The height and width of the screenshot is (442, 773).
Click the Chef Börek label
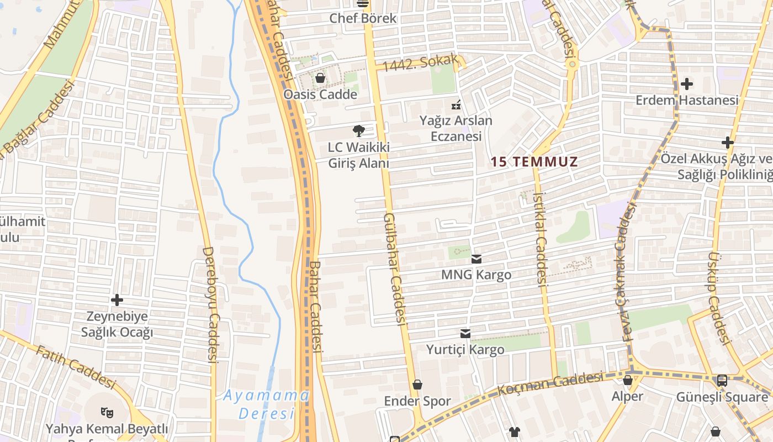[x=363, y=18]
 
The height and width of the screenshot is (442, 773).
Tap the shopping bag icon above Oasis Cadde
[x=320, y=78]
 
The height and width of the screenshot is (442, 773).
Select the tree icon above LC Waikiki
[x=359, y=131]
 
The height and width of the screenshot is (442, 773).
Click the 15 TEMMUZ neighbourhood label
[x=534, y=162]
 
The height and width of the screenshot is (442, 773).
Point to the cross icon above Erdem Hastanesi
[x=687, y=84]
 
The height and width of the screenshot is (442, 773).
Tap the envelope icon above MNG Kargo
[x=476, y=259]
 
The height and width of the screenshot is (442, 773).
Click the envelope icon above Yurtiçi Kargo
[x=465, y=333]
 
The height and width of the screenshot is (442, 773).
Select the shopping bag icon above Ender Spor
[x=417, y=385]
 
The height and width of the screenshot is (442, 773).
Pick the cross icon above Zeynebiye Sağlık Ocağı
[x=117, y=300]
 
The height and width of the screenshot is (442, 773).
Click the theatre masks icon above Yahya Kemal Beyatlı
[x=107, y=412]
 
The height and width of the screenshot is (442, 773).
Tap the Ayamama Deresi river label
[x=267, y=404]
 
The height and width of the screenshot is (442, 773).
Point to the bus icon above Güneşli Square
[x=722, y=380]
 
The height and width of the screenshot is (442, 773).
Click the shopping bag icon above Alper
[x=628, y=380]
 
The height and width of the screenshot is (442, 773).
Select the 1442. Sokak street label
[x=421, y=62]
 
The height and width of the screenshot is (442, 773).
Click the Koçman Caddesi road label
[x=550, y=383]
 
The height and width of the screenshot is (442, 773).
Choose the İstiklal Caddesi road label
[x=540, y=238]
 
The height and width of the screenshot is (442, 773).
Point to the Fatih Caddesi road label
[x=76, y=366]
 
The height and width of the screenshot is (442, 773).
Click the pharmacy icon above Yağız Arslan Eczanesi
[x=456, y=104]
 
